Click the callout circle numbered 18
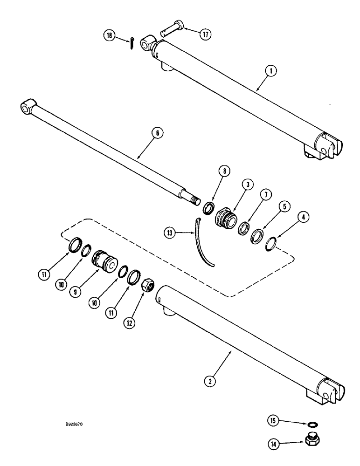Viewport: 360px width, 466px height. [x=109, y=36]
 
